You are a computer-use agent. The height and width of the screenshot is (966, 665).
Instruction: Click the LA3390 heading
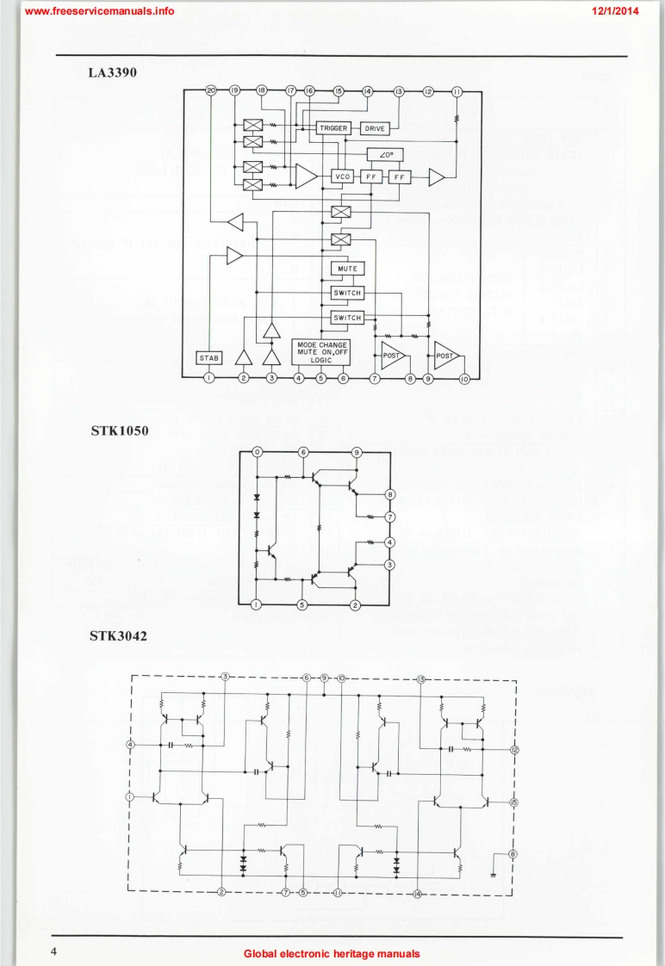[113, 73]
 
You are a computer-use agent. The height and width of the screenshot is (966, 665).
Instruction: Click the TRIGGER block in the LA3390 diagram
[332, 128]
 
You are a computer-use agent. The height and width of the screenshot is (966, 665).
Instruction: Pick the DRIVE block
[375, 128]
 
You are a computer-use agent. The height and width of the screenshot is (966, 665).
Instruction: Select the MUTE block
[347, 269]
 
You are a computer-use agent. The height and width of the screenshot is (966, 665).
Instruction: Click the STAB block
[208, 357]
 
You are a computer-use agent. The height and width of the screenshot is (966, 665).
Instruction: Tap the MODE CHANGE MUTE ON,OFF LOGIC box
[320, 353]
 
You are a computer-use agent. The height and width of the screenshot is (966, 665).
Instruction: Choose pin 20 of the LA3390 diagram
[211, 90]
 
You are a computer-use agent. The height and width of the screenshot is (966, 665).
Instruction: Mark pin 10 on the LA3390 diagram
[465, 378]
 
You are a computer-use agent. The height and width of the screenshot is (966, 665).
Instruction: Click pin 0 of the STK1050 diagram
[256, 452]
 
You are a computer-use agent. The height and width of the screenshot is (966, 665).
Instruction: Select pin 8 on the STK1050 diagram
[390, 494]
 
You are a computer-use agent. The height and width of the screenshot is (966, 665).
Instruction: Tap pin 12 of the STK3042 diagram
[514, 750]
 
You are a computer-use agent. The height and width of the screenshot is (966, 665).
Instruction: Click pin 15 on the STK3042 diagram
[513, 802]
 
